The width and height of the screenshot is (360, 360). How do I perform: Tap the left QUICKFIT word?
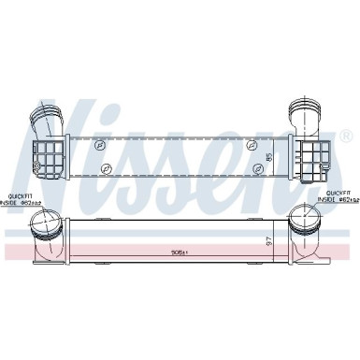point(19,194)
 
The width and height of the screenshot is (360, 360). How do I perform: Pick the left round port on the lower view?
point(43,224)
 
